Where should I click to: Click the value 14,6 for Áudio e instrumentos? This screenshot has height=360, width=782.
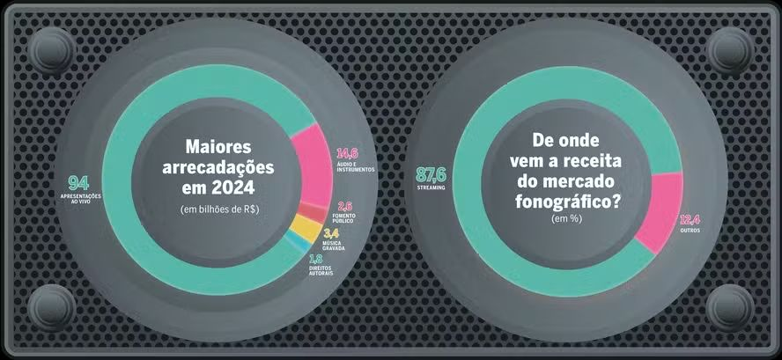pyautogui.click(x=348, y=155)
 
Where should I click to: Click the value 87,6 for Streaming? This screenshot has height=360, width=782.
pyautogui.click(x=431, y=174)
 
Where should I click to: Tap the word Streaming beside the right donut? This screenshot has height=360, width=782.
pyautogui.click(x=432, y=187)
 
